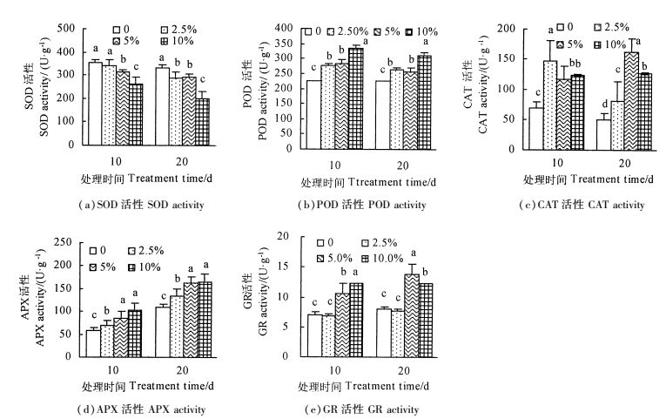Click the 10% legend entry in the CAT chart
(615, 44)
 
